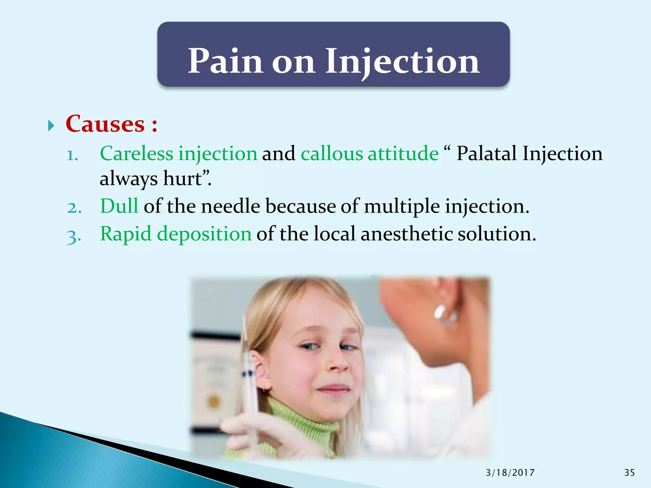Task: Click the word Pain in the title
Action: tap(225, 61)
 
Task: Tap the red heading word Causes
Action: tap(105, 124)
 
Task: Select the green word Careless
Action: tap(137, 153)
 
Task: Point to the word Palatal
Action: tap(487, 153)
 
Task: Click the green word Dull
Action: tap(119, 206)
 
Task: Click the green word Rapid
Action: tap(126, 234)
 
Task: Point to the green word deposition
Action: tap(204, 234)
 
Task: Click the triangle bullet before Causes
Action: tap(51, 126)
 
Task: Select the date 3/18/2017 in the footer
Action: tap(510, 473)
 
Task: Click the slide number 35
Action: tap(629, 473)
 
